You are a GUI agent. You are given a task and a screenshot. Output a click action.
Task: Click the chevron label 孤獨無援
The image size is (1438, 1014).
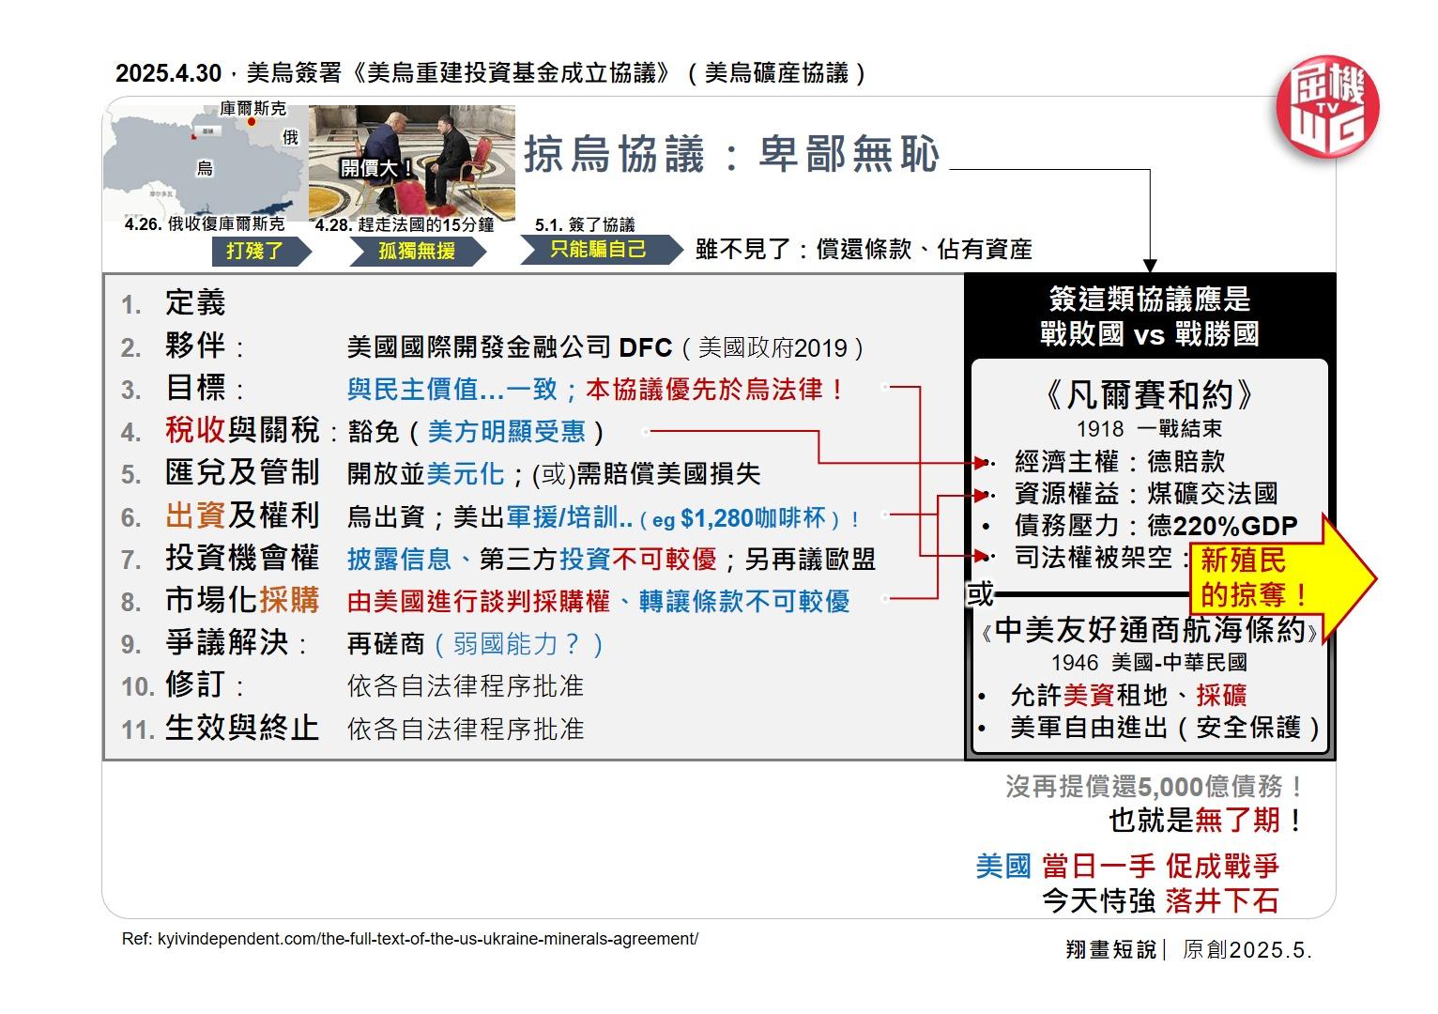tap(417, 251)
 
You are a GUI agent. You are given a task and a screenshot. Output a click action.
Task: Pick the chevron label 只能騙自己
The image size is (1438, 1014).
tap(598, 249)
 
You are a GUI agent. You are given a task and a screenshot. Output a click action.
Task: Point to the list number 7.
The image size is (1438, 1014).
tap(130, 561)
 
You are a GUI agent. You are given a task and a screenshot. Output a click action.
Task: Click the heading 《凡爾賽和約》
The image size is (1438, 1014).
tap(1149, 394)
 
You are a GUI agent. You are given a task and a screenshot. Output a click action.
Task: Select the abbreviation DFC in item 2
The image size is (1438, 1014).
tap(646, 348)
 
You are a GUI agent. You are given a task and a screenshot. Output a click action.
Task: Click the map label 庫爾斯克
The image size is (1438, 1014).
tap(252, 109)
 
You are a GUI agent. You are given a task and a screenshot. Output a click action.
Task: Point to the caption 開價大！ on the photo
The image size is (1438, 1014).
tap(376, 168)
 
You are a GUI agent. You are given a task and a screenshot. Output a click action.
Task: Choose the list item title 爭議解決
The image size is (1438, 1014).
tap(226, 643)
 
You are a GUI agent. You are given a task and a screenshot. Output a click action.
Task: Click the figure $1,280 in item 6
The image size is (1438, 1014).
tap(718, 518)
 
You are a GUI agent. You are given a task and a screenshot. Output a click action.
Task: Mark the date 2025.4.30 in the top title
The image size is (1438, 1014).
tap(168, 73)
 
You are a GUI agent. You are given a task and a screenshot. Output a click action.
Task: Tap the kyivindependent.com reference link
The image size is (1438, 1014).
tap(410, 939)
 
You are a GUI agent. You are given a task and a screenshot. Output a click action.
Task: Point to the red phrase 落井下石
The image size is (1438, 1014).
tap(1221, 901)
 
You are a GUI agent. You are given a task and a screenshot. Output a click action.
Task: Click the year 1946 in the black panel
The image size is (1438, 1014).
tap(1075, 663)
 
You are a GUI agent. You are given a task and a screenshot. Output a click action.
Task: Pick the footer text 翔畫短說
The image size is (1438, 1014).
tap(1110, 949)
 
